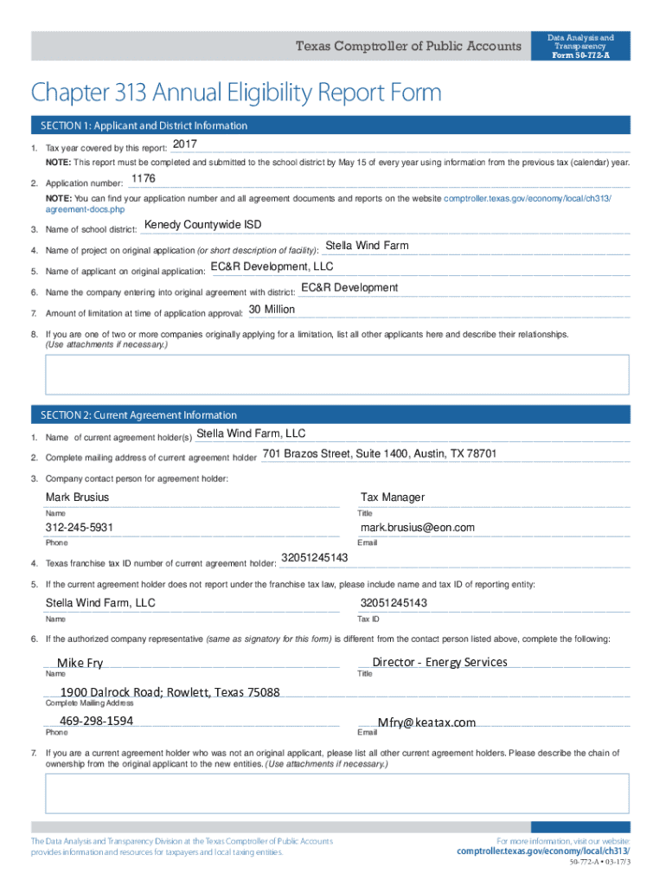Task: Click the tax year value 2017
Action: coord(184,143)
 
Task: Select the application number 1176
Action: coord(143,178)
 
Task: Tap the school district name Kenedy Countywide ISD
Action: coord(202,225)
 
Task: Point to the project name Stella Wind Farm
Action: coord(367,246)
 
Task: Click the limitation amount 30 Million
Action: coord(272,309)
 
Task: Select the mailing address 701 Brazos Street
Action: coord(379,454)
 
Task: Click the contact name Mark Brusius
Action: coord(78,498)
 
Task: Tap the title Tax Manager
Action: coord(393,498)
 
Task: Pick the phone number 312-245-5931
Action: coord(80,528)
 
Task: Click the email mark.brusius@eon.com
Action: coord(418,528)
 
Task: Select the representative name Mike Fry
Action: coord(80,663)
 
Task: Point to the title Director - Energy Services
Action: coord(439,662)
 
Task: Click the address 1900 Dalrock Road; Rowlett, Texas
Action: coord(170,692)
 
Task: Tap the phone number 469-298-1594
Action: coord(96,721)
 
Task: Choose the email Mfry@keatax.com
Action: coord(427,722)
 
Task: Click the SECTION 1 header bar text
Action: coord(144,126)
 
